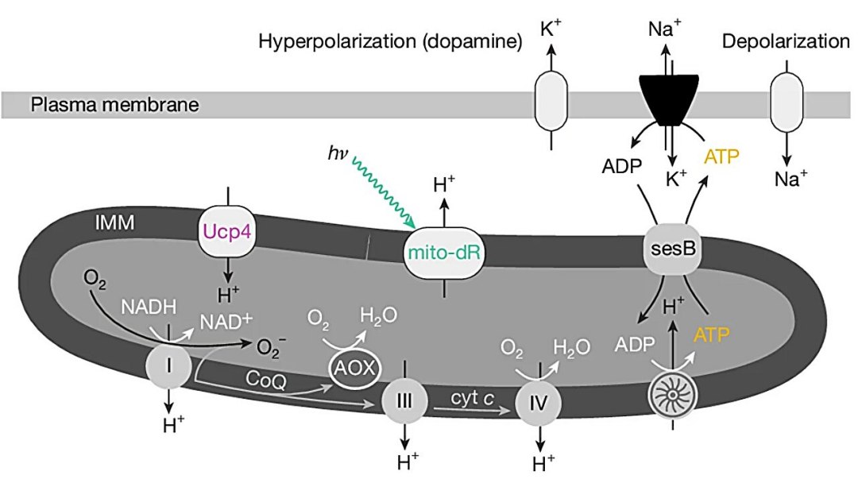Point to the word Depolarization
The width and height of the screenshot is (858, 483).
click(786, 41)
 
